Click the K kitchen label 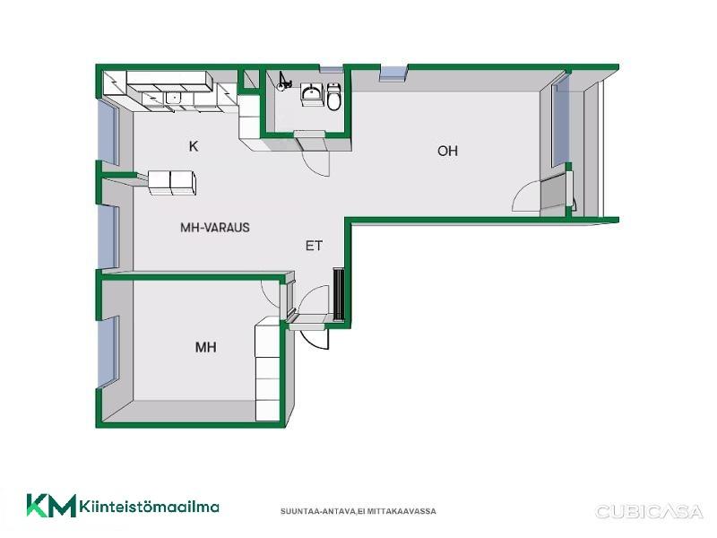click(194, 146)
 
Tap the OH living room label click(447, 151)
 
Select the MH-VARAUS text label click(215, 228)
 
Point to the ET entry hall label click(314, 246)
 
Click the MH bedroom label click(206, 347)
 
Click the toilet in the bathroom click(333, 97)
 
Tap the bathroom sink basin click(312, 94)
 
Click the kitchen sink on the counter click(173, 98)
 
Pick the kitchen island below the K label click(172, 183)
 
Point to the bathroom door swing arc click(315, 162)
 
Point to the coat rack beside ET click(339, 295)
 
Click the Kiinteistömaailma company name click(149, 507)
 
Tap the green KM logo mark click(51, 506)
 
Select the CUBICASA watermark click(648, 511)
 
